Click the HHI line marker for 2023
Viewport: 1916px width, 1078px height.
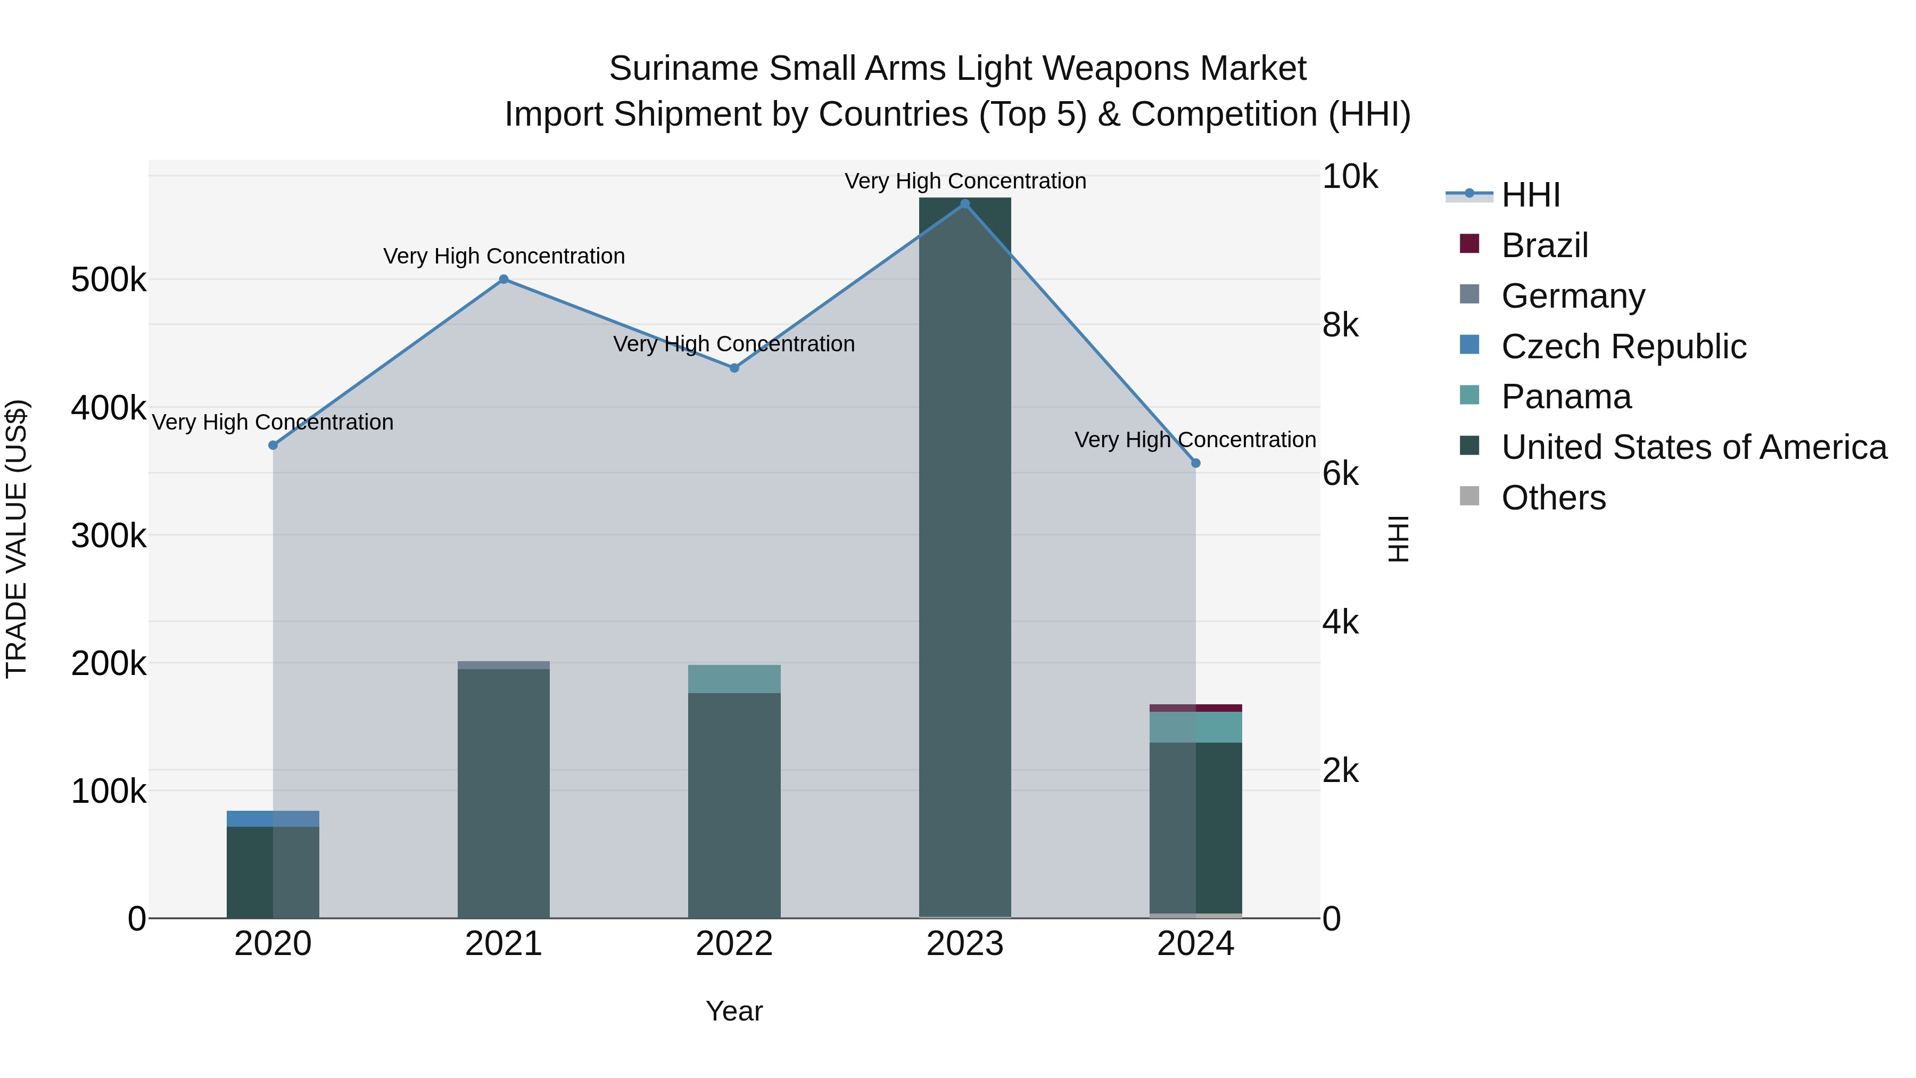point(965,204)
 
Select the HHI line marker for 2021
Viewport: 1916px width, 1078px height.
point(503,279)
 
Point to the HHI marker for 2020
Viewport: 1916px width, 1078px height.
point(273,446)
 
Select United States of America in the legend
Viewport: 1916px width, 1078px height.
point(1694,448)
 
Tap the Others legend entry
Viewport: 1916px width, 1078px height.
point(1553,498)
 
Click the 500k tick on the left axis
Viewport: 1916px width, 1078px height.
point(109,281)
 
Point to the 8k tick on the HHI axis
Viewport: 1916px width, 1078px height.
point(1340,325)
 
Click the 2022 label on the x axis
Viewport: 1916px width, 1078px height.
point(734,944)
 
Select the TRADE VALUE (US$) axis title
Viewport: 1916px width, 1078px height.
point(17,539)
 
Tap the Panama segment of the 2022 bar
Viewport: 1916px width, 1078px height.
point(734,679)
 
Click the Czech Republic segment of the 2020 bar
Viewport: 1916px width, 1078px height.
point(273,818)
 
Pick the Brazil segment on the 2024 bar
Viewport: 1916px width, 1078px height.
point(1195,708)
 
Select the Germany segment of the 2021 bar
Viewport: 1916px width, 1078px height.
point(503,665)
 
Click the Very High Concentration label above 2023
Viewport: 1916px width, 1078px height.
point(965,182)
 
